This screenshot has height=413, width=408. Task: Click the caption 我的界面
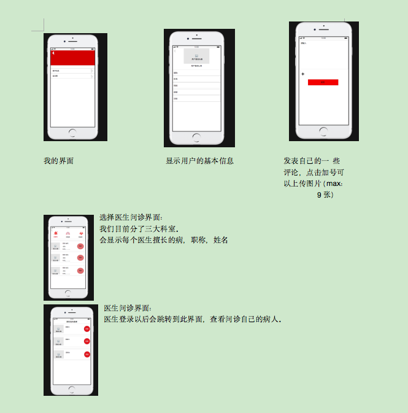tap(59, 161)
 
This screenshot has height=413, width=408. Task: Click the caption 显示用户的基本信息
tap(199, 161)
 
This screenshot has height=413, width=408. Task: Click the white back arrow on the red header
tap(53, 54)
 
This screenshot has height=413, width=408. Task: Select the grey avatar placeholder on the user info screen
tap(196, 56)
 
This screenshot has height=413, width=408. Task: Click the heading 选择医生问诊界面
tap(131, 217)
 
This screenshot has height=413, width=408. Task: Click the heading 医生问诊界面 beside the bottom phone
tap(127, 308)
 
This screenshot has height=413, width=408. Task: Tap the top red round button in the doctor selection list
tap(80, 246)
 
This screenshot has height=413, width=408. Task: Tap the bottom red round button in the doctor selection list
tap(80, 271)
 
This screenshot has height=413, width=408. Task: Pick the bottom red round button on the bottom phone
tap(87, 354)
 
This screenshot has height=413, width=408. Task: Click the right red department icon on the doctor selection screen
tap(80, 234)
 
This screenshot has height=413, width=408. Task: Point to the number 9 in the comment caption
tap(319, 195)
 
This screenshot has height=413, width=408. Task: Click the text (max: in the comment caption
tap(337, 183)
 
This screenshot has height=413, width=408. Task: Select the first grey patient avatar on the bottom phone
tap(59, 330)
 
